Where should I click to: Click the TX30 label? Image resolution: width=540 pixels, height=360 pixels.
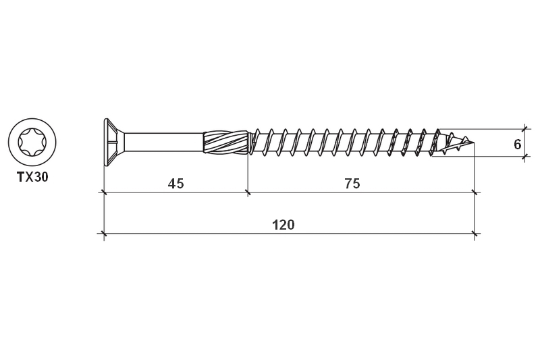click(x=32, y=177)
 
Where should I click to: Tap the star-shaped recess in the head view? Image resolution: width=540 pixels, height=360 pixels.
click(x=32, y=143)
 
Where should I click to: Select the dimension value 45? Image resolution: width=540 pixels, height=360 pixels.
click(x=175, y=184)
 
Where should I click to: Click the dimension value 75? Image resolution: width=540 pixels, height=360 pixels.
click(x=352, y=184)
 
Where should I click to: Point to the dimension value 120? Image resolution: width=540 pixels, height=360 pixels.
click(x=283, y=225)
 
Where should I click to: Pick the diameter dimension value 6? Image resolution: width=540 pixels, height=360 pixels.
click(x=517, y=145)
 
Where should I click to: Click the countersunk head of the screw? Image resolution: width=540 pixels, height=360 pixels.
click(x=113, y=143)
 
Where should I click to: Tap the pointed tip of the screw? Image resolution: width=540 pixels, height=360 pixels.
click(x=474, y=143)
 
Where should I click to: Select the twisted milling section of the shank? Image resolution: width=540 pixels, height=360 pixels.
click(x=225, y=143)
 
